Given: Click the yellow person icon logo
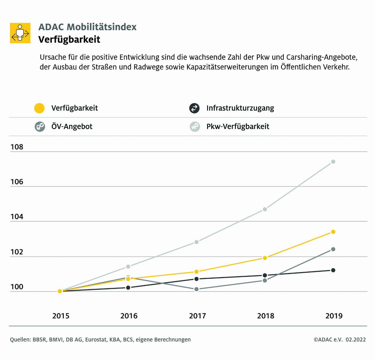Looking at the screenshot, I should (20, 33).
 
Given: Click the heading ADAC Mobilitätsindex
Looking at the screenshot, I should (87, 27).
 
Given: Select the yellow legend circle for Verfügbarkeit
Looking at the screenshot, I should (39, 108).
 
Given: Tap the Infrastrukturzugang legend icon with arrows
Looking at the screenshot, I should (194, 108).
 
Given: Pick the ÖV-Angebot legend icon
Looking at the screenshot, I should (40, 127).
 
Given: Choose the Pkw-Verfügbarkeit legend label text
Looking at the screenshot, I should (238, 127).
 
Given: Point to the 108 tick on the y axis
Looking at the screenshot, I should (17, 147).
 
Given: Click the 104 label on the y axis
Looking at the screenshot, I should (17, 217).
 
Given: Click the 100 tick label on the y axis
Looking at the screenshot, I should (17, 287).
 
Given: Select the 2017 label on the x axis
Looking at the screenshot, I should (197, 316).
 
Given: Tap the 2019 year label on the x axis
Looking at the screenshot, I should (334, 316).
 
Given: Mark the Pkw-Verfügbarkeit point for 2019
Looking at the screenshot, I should (333, 162).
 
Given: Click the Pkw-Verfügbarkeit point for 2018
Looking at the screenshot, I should (265, 209).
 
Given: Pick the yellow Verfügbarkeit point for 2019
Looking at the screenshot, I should (333, 232).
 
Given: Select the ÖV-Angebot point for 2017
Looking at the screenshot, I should (197, 289).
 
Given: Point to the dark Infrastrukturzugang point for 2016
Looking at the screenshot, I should (128, 288).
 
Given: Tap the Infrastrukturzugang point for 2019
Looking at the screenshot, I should (333, 270).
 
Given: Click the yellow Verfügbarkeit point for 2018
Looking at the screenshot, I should (265, 258).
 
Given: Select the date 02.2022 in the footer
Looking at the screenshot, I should (356, 340).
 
